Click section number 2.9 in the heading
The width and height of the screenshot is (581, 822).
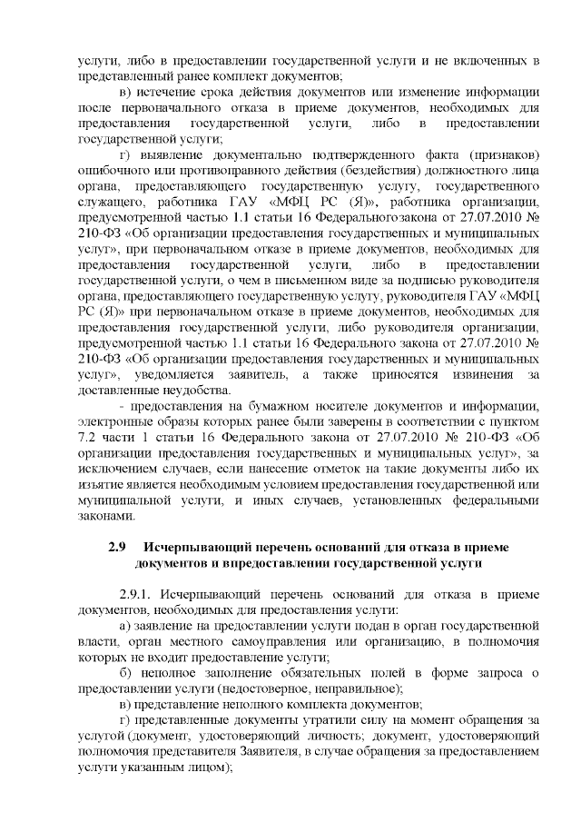[x=115, y=550]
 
